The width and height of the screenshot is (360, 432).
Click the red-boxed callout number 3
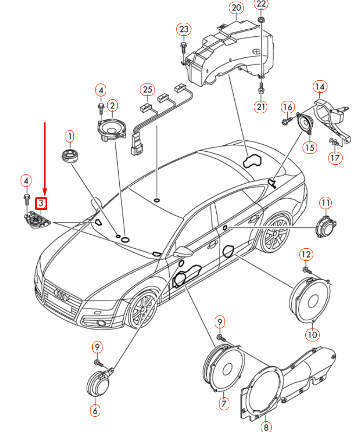41,203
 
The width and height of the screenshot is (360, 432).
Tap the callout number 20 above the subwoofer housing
236,8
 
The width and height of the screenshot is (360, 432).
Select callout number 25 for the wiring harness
147,89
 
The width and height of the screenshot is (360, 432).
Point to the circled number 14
320,87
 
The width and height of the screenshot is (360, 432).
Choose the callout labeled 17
335,158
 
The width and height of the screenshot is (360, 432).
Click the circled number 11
325,203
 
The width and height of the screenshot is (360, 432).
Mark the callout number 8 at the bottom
266,427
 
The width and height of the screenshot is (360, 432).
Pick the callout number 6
95,411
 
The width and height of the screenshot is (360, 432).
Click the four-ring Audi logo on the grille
61,295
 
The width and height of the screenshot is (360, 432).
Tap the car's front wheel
143,309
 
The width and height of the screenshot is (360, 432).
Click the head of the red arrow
44,191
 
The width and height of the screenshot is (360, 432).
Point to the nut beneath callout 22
261,20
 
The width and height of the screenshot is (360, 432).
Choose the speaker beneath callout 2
112,130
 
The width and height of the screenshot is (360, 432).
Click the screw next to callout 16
287,120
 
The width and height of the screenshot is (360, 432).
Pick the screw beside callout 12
307,270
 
